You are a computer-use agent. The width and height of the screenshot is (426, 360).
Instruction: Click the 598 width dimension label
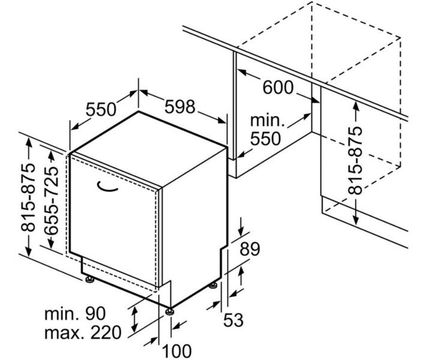click(x=180, y=107)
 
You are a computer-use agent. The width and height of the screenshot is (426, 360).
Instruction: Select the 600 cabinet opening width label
click(x=278, y=88)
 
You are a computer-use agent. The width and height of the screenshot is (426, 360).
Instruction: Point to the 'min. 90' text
click(x=74, y=313)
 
